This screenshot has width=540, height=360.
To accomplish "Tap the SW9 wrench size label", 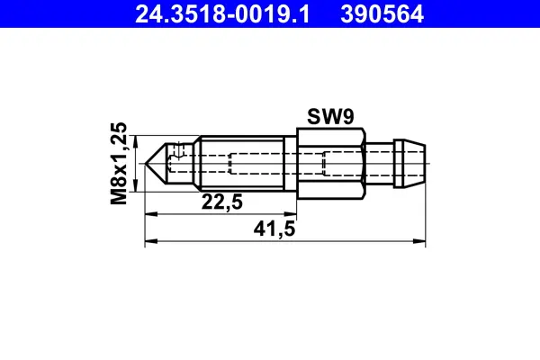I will click(x=330, y=116).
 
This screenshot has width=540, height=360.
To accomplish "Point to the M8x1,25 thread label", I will click(x=118, y=164).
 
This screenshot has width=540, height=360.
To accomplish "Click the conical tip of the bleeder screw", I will click(x=156, y=163).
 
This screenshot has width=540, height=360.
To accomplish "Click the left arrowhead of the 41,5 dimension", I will click(x=150, y=240).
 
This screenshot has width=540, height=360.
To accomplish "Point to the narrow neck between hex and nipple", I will click(x=378, y=163).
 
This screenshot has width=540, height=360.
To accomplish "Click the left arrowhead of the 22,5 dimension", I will click(x=150, y=214).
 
